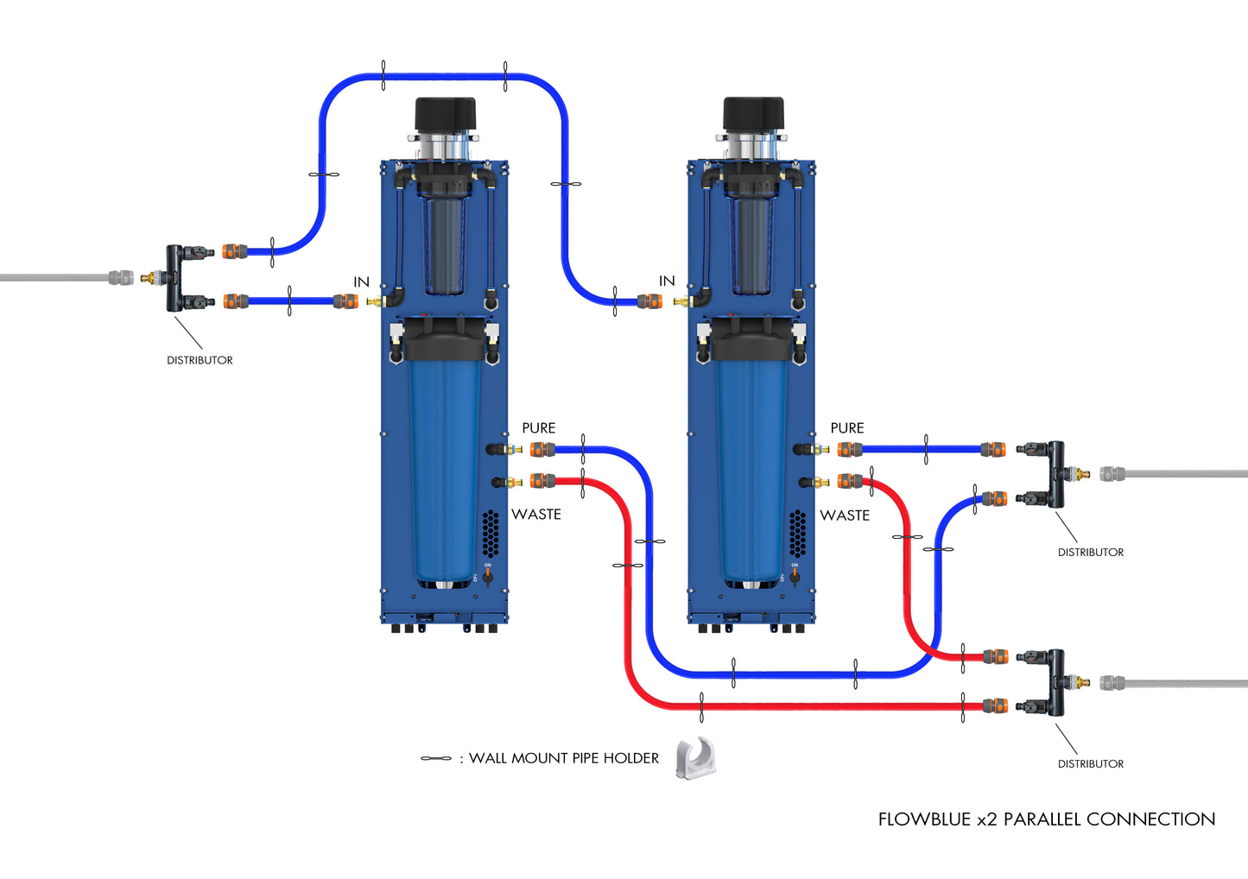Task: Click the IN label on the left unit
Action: (361, 282)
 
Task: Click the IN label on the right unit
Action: (667, 281)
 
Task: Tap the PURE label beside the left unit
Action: (538, 428)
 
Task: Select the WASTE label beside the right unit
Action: (844, 515)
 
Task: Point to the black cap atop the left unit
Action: (446, 114)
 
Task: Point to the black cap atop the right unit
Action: (753, 114)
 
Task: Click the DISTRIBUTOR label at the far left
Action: (200, 360)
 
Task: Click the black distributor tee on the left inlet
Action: (175, 278)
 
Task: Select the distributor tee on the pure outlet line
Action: (1055, 474)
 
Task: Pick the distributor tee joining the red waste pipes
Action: (1055, 682)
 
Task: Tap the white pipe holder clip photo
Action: (696, 759)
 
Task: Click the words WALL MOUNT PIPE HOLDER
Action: (564, 758)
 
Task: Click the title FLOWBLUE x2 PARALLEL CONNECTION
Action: (1046, 819)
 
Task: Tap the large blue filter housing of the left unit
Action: (446, 466)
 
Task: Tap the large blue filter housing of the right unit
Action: (752, 466)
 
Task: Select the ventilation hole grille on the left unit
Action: (490, 532)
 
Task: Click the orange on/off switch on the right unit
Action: (795, 578)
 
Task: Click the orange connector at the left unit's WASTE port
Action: (542, 481)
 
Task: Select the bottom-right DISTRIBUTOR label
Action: (1090, 764)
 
